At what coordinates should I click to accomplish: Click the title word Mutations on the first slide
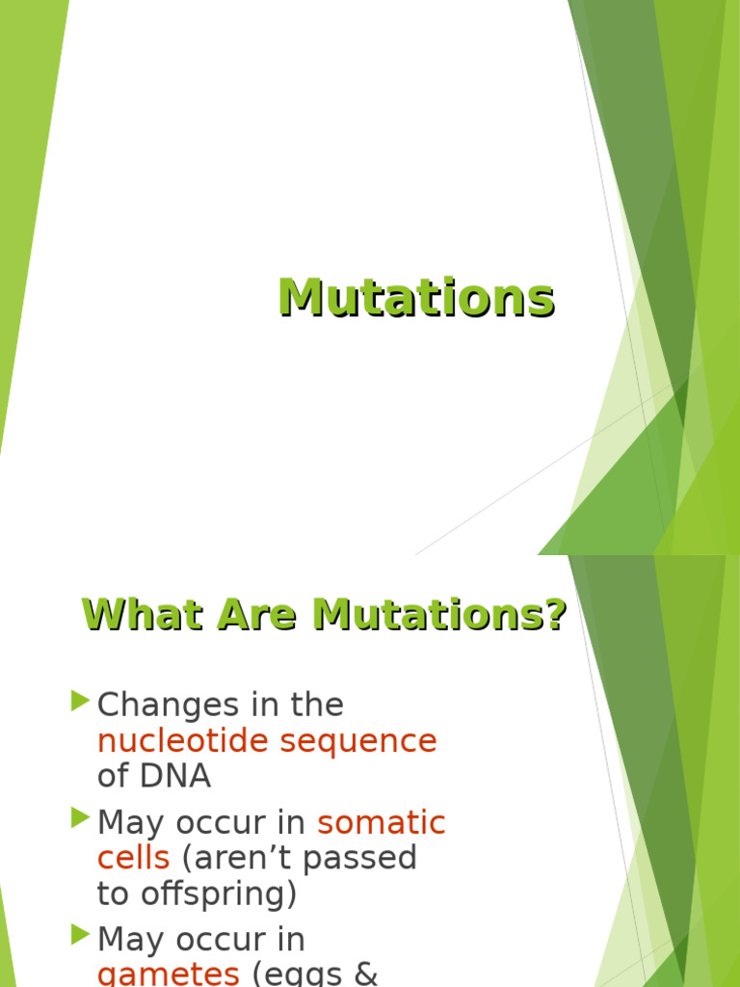(416, 298)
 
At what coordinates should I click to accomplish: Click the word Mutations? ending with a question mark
(439, 615)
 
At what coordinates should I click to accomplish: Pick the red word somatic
(382, 823)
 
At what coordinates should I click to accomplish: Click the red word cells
(133, 858)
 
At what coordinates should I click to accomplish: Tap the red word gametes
(169, 974)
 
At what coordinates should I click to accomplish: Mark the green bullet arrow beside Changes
(81, 701)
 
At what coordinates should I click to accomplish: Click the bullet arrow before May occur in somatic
(81, 818)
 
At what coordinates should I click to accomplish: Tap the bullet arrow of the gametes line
(81, 935)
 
